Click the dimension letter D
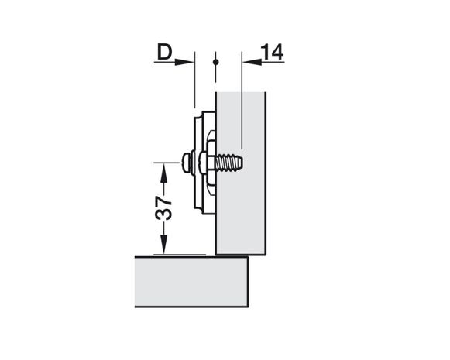[x=164, y=52]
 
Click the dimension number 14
[x=272, y=52]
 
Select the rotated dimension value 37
[x=163, y=208]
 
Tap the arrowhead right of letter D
[x=184, y=62]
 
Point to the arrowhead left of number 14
[x=252, y=62]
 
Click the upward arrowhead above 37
[x=163, y=173]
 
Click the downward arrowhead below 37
[x=163, y=245]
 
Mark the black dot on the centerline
[x=216, y=62]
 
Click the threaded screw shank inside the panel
[x=228, y=163]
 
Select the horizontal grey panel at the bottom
[x=191, y=282]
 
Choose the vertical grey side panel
[x=241, y=173]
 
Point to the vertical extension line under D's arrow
[x=195, y=80]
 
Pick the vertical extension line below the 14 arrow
[x=242, y=101]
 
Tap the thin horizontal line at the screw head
[x=167, y=163]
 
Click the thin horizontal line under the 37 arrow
[x=180, y=255]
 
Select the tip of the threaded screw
[x=242, y=163]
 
